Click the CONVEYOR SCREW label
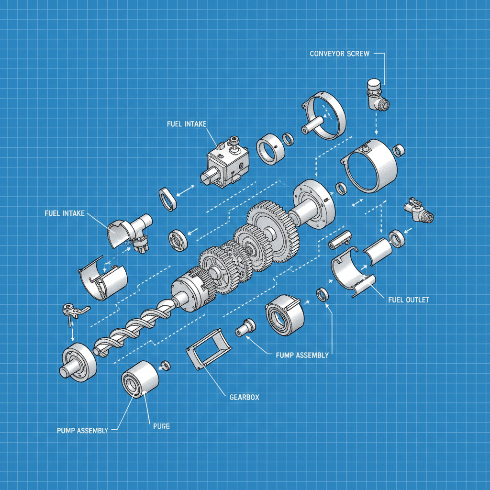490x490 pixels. click(339, 54)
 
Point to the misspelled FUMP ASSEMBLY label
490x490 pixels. click(302, 355)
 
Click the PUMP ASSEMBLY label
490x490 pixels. click(82, 430)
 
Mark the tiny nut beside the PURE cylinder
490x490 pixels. click(166, 366)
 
